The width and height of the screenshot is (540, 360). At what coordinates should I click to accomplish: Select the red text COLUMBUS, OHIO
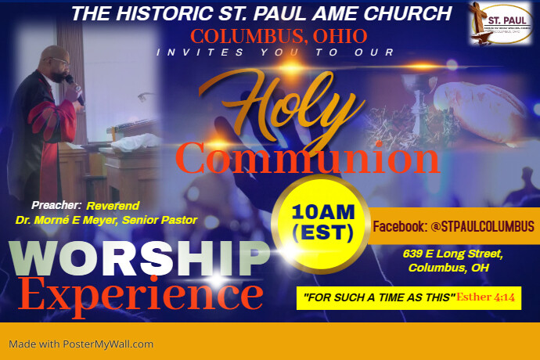[x=279, y=35]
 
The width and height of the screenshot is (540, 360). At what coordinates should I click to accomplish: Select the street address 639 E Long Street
[x=454, y=254]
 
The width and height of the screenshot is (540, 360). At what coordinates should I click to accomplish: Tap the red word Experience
[x=141, y=295]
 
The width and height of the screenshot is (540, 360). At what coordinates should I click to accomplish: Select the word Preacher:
[x=57, y=205]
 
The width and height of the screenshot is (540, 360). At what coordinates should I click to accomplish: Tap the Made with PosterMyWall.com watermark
[x=81, y=344]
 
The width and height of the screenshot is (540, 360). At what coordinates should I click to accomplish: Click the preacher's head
[x=56, y=59]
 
